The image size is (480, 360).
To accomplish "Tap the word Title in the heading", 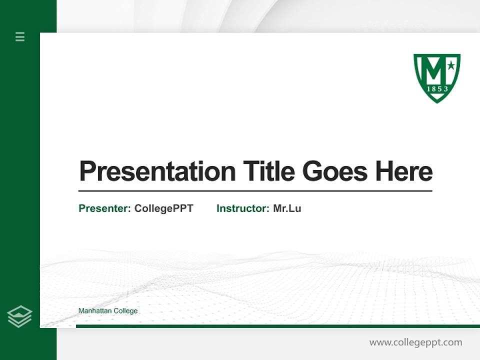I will (x=269, y=171).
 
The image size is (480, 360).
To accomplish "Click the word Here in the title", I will (x=404, y=171).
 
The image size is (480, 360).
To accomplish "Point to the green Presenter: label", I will (x=105, y=208).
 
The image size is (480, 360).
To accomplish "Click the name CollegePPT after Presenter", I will (x=163, y=208).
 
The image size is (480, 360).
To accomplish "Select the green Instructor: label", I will (x=243, y=208).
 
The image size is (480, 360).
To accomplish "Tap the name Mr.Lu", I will (x=287, y=208).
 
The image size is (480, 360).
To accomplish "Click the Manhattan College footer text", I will (x=108, y=311).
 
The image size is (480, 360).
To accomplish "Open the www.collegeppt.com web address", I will (x=415, y=342).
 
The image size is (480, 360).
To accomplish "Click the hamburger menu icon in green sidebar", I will (x=20, y=36).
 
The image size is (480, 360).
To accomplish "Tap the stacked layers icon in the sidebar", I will (x=20, y=316).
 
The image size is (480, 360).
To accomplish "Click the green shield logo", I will (x=437, y=77).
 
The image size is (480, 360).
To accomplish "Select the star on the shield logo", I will (x=451, y=65).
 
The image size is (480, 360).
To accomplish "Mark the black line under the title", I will (x=255, y=191).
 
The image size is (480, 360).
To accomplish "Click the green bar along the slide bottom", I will (x=277, y=326).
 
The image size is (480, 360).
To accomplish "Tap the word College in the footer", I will (x=126, y=311).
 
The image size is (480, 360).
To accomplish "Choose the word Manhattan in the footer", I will (x=95, y=311).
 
